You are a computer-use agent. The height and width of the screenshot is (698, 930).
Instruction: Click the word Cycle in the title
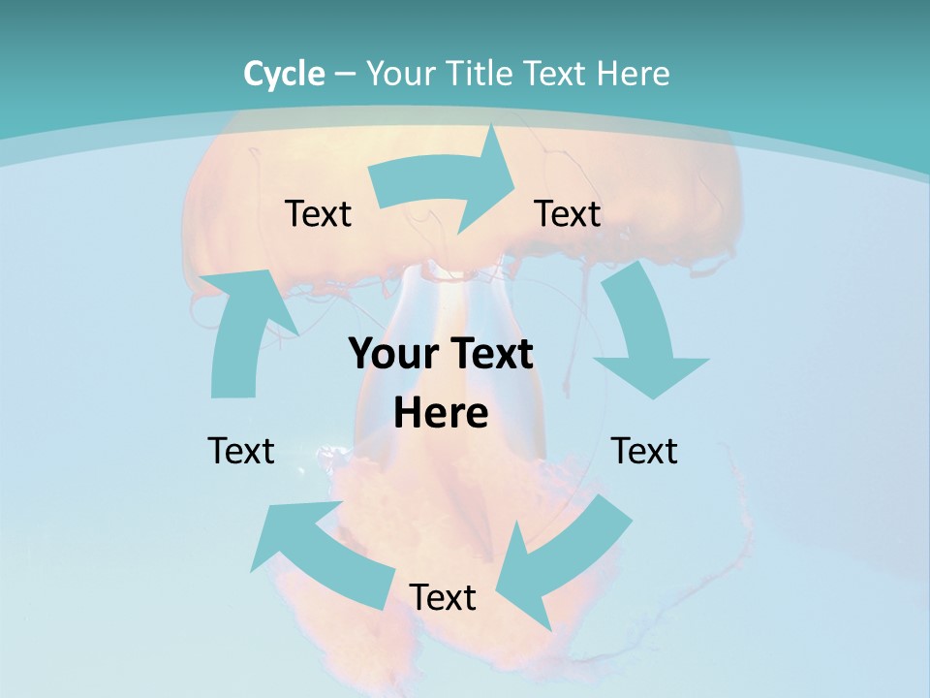click(x=284, y=74)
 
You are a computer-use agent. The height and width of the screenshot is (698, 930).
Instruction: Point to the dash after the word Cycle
click(x=346, y=75)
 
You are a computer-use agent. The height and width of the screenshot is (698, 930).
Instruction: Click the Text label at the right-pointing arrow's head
click(x=568, y=213)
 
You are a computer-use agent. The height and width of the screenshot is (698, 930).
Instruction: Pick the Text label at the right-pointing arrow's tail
click(x=318, y=213)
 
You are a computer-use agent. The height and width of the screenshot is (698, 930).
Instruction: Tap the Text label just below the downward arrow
click(x=644, y=451)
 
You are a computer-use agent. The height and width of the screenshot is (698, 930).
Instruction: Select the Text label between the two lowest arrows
click(x=442, y=597)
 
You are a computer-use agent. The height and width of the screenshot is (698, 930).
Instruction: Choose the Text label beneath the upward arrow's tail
click(x=241, y=451)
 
